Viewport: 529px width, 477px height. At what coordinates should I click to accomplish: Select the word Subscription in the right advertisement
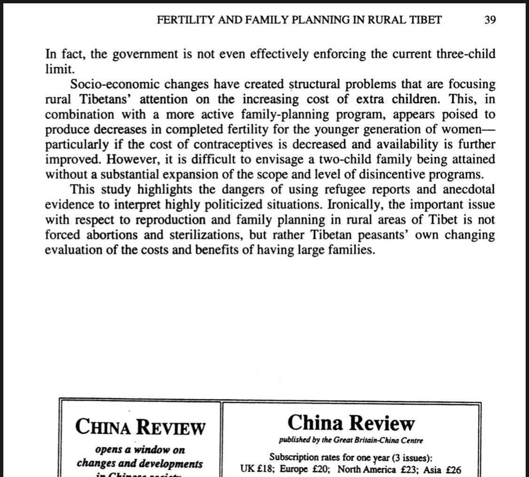point(297,456)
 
